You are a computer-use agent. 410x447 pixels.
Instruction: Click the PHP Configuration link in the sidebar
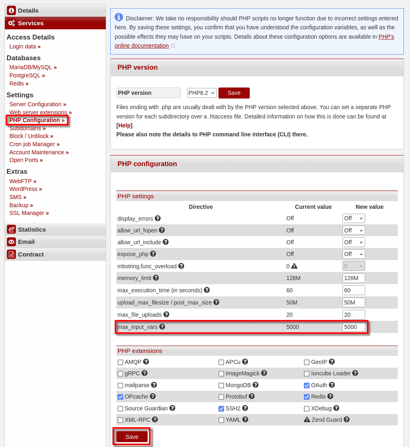pos(37,120)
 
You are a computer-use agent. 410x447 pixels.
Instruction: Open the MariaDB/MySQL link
pos(33,67)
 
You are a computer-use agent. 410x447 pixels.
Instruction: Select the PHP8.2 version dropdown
pos(202,93)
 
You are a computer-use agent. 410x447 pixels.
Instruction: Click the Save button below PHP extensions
pos(132,437)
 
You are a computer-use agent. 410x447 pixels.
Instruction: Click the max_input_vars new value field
pos(353,327)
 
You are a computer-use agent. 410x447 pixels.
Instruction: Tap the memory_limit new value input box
pos(353,278)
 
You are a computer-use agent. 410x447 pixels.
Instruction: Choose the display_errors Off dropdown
pos(353,218)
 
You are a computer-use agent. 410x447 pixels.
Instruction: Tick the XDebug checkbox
pos(307,409)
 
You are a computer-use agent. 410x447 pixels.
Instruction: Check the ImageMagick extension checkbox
pos(221,374)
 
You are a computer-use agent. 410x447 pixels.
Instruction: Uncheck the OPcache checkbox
pos(120,397)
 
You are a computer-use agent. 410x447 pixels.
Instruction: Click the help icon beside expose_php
pos(153,254)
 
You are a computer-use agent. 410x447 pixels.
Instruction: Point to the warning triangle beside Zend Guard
pos(307,420)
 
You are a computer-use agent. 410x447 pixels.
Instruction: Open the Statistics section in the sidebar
pos(32,229)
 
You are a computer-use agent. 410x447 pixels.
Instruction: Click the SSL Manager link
pos(28,213)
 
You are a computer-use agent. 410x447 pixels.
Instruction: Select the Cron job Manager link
pos(34,144)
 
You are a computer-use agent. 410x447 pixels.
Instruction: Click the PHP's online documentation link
pos(142,46)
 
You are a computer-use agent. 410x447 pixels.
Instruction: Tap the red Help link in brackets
pos(124,125)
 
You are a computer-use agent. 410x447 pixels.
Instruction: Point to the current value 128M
pos(293,278)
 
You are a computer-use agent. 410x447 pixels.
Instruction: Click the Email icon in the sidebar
pos(11,242)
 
